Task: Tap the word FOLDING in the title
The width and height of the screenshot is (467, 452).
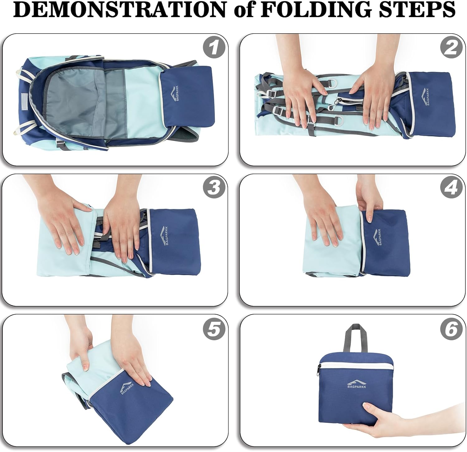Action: [x=315, y=10]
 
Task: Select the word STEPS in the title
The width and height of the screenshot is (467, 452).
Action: [x=416, y=10]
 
